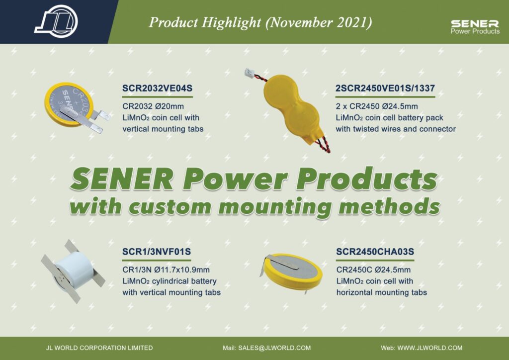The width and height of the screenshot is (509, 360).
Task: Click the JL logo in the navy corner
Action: (x=56, y=21)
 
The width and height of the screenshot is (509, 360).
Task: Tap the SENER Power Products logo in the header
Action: (x=475, y=27)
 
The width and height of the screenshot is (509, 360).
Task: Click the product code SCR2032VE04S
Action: (x=157, y=89)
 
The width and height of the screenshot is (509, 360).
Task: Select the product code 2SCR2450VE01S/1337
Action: (x=385, y=89)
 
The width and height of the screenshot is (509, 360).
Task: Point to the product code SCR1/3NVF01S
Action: (x=157, y=252)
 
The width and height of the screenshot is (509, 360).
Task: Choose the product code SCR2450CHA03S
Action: (x=375, y=252)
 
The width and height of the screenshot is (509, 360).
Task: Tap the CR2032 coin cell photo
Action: (x=77, y=107)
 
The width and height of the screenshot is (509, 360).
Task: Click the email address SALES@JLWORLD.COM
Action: (x=274, y=348)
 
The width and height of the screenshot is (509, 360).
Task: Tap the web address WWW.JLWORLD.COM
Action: (x=430, y=348)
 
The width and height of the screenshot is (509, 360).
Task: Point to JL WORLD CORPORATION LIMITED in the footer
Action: (x=99, y=348)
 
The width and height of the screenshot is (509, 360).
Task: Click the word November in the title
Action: (x=299, y=22)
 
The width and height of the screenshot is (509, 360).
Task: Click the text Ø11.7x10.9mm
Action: (x=182, y=270)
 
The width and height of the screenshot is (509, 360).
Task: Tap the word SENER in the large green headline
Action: (x=121, y=179)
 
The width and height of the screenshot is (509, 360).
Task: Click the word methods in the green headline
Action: (x=389, y=206)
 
